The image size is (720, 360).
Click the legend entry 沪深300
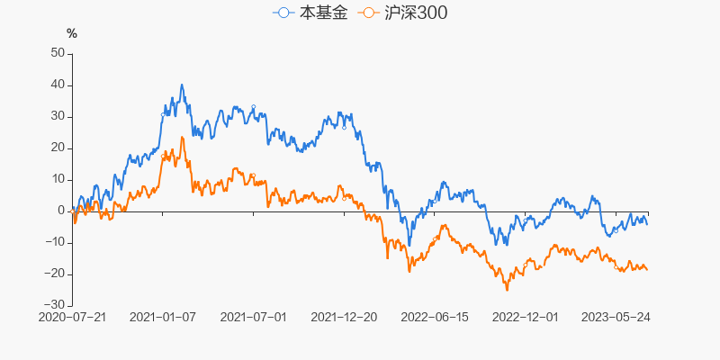click(x=402, y=13)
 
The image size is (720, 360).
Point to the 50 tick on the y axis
click(x=57, y=53)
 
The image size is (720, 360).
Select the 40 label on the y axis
click(x=57, y=85)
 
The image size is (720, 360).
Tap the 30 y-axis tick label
click(x=57, y=116)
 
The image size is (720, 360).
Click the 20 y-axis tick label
click(x=57, y=148)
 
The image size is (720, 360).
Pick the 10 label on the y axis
click(x=57, y=179)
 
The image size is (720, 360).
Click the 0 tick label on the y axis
click(x=60, y=211)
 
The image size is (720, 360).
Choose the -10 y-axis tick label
click(x=54, y=242)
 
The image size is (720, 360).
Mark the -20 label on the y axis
click(x=54, y=274)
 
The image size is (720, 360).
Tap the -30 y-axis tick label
click(x=54, y=305)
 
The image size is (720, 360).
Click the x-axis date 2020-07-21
click(x=73, y=318)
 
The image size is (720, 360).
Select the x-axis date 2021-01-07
click(x=163, y=318)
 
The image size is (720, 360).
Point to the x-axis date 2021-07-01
click(x=253, y=318)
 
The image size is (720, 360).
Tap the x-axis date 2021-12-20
click(x=344, y=318)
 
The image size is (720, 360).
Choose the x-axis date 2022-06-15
click(x=434, y=318)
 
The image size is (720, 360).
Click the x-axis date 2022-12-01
click(x=525, y=318)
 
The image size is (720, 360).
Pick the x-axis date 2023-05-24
click(x=615, y=318)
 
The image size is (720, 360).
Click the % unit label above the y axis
click(x=72, y=34)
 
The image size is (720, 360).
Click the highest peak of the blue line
click(x=182, y=85)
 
